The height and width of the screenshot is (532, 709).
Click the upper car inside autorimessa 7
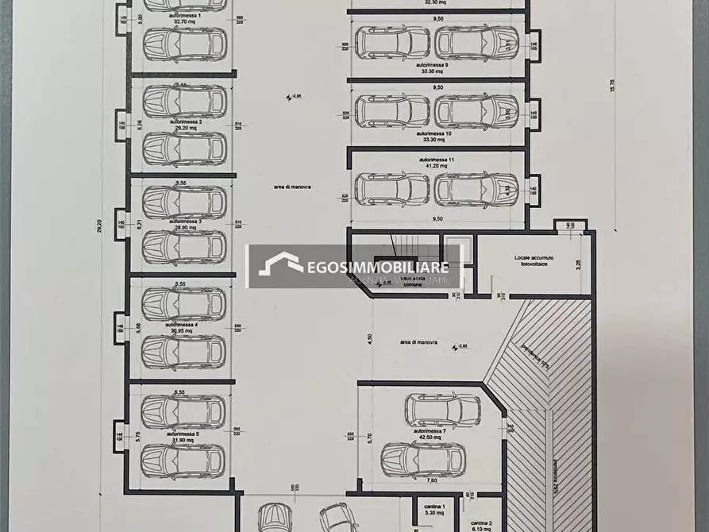pos(442,411)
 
